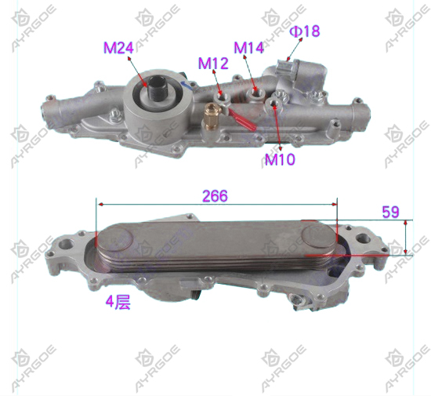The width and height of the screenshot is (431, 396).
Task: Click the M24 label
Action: click(x=118, y=48)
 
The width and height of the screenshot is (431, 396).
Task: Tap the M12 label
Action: click(x=213, y=64)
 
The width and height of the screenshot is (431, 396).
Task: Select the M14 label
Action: click(x=248, y=48)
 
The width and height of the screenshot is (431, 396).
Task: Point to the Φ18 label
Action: click(x=305, y=31)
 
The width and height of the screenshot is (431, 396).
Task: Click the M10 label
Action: click(x=280, y=159)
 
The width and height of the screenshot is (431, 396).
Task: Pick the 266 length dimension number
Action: click(x=215, y=196)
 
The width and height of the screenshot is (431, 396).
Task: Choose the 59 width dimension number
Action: click(x=390, y=212)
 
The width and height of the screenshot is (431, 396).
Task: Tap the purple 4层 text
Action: click(x=118, y=302)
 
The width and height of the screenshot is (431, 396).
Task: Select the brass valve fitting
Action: click(x=210, y=116)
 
